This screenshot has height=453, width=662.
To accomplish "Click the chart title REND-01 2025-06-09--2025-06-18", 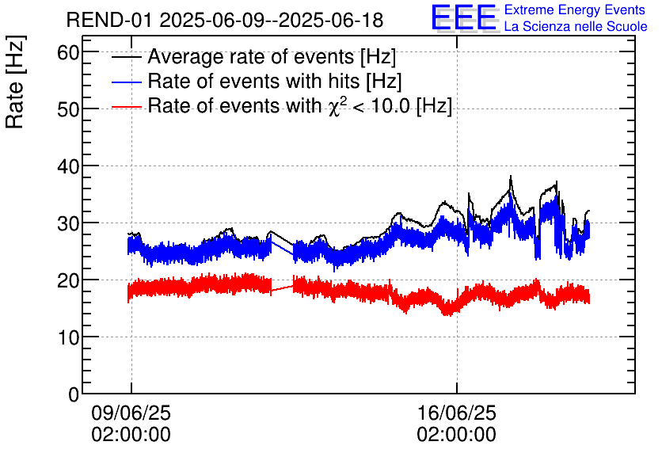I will [224, 20].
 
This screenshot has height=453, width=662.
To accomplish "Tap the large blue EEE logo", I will [464, 18].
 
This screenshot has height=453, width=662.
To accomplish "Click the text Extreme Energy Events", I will [575, 10].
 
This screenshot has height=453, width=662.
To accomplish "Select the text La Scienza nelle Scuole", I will [576, 26].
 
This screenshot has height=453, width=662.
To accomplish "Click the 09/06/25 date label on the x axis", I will [131, 413].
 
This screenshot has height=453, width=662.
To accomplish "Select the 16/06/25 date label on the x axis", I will [457, 413].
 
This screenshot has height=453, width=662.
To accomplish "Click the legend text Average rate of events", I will [272, 58].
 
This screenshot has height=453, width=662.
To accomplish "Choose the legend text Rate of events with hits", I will [275, 82].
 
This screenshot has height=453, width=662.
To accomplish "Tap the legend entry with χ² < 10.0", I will [299, 105].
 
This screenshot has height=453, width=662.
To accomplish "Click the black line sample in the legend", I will [127, 58].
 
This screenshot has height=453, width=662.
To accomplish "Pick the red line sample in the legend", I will [127, 105].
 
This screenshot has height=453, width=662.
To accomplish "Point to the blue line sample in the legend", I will [127, 82].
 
